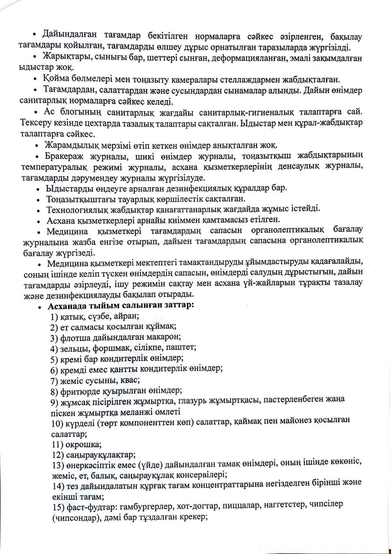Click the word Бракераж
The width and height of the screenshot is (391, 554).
click(x=63, y=156)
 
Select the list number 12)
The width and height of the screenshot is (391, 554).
click(x=57, y=454)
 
